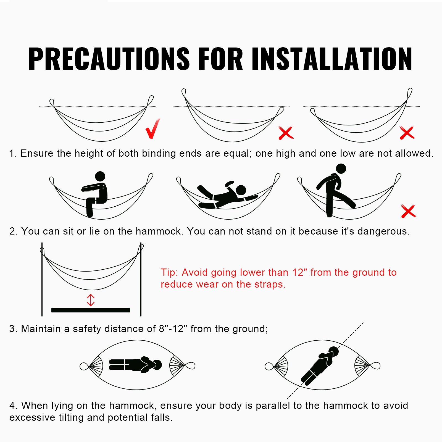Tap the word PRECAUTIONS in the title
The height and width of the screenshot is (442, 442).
(109, 59)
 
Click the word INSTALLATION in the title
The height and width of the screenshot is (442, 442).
(332, 59)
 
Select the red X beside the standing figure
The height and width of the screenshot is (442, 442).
(408, 211)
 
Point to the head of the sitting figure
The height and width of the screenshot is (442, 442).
(100, 176)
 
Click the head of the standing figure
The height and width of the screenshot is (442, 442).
(341, 169)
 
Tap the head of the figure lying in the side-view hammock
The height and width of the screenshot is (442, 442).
(241, 190)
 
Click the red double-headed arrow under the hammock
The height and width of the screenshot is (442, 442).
(91, 300)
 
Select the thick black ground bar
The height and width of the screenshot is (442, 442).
(91, 310)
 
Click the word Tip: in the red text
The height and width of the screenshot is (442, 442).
(169, 273)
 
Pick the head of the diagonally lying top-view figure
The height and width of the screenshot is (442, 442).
(334, 351)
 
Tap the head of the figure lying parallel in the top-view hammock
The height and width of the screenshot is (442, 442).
(157, 365)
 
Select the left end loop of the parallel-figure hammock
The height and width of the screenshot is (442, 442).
(84, 367)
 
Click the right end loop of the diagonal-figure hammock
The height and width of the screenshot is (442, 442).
(375, 366)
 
